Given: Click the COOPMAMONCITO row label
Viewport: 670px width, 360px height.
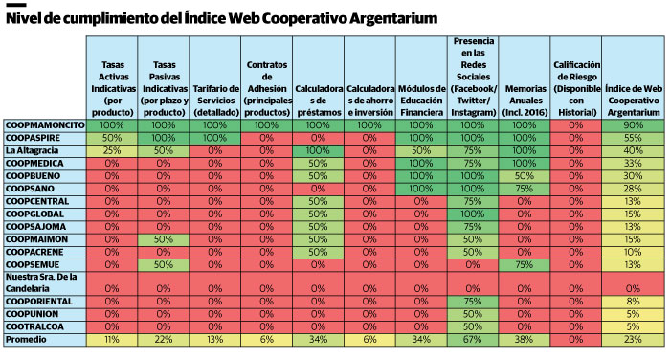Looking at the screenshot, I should click(x=44, y=125).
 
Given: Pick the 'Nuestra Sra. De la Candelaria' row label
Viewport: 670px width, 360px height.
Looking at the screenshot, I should click(x=44, y=281).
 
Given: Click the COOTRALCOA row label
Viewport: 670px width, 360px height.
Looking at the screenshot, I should click(x=37, y=326).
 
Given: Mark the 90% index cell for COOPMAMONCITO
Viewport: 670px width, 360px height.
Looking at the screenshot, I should click(x=633, y=125).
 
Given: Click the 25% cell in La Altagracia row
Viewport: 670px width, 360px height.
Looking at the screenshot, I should click(x=112, y=151).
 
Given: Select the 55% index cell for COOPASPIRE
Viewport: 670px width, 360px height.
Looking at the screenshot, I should click(x=633, y=138).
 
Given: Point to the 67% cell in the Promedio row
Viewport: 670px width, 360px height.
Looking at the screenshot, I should click(x=472, y=339).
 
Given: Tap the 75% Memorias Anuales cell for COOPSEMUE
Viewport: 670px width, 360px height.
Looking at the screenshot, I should click(x=524, y=263).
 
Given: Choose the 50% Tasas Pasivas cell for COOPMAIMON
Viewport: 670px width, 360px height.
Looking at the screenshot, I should click(x=164, y=238).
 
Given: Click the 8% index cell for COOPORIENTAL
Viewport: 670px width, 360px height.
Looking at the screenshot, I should click(x=633, y=301).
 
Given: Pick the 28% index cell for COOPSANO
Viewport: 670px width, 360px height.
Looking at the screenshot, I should click(x=633, y=189).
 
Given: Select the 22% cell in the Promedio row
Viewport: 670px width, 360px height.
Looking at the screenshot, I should click(x=164, y=339).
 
